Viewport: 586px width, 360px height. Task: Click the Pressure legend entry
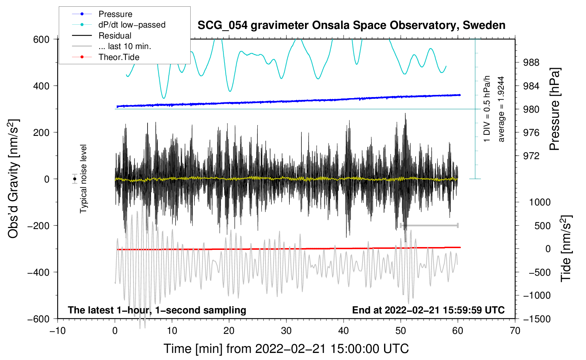pos(115,14)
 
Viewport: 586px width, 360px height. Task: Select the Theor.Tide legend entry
pos(119,57)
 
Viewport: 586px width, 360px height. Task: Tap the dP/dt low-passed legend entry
pos(132,25)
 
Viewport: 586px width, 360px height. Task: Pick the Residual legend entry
pos(115,36)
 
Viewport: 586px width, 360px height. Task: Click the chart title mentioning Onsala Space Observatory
pos(351,25)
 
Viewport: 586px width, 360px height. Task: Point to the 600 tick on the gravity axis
pos(41,40)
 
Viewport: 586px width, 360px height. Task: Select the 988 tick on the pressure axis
pos(531,63)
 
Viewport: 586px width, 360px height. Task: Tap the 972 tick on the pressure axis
pos(531,156)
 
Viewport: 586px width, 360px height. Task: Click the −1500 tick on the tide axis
pos(537,319)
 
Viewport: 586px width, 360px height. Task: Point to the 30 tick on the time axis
pos(286,331)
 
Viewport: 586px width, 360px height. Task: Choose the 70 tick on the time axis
pos(515,331)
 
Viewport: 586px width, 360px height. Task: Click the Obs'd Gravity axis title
pos(13,179)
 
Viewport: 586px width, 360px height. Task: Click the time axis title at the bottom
pos(286,349)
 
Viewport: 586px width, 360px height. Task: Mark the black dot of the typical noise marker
pos(74,179)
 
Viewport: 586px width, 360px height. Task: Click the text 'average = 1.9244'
pos(501,109)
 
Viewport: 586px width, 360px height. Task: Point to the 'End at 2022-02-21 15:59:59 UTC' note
pos(428,310)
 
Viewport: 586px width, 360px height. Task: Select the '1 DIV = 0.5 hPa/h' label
pos(487,109)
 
